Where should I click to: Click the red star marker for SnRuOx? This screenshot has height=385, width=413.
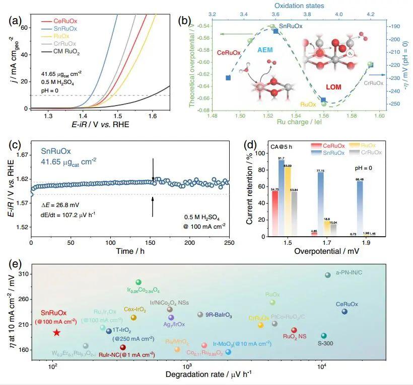click(x=57, y=332)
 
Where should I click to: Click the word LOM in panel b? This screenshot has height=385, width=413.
click(x=333, y=87)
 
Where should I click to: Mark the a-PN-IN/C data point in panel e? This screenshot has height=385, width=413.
click(x=327, y=275)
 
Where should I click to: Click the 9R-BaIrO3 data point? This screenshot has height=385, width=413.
click(x=200, y=315)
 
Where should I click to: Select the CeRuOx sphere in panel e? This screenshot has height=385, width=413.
click(x=344, y=312)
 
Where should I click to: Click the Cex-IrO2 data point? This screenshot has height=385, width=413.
click(x=133, y=317)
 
